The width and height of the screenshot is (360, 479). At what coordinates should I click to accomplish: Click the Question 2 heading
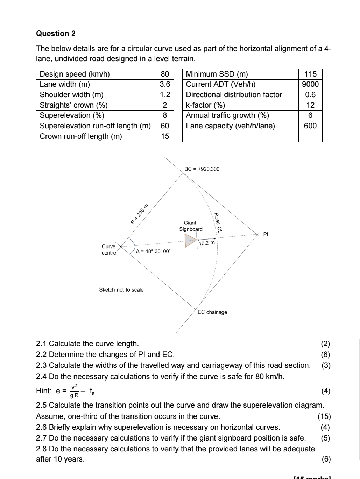(56, 34)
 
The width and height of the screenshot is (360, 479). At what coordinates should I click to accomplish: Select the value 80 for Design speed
(165, 74)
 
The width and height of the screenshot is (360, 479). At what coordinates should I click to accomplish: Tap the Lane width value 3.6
(165, 84)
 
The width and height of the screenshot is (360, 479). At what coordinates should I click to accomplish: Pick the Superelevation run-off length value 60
(165, 126)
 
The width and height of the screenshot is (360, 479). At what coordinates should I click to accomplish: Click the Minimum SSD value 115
(310, 74)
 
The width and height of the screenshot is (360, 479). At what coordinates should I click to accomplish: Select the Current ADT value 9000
(310, 84)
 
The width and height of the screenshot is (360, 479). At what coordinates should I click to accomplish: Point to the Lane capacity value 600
(310, 126)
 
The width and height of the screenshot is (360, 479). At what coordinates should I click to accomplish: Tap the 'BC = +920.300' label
(202, 169)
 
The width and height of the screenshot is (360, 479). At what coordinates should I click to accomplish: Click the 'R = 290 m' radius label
(139, 214)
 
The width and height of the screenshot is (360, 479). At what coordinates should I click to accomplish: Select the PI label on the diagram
(266, 234)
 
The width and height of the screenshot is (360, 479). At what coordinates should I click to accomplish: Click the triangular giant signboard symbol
(190, 240)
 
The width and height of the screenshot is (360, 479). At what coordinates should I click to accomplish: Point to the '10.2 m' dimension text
(206, 243)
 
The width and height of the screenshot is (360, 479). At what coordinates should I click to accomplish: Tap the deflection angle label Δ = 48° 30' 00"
(153, 251)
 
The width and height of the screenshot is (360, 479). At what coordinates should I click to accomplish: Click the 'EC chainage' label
(212, 312)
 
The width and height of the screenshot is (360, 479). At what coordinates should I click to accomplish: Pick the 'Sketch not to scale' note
(121, 290)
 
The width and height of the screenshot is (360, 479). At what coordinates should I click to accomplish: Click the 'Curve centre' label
(108, 250)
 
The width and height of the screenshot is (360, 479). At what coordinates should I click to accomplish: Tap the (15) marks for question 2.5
(324, 416)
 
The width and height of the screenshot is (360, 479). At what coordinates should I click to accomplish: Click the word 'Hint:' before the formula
(44, 391)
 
